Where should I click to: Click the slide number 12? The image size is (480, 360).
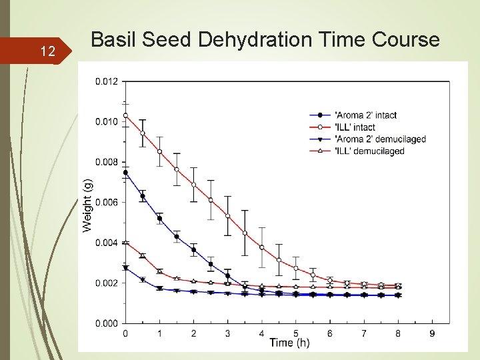pyautogui.click(x=47, y=51)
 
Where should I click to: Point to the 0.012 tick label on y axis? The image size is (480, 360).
pyautogui.click(x=107, y=81)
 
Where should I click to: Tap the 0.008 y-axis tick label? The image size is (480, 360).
pyautogui.click(x=107, y=162)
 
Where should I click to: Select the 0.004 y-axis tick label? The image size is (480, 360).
pyautogui.click(x=107, y=243)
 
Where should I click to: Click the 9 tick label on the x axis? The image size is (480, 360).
pyautogui.click(x=432, y=333)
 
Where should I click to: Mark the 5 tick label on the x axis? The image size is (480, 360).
pyautogui.click(x=296, y=333)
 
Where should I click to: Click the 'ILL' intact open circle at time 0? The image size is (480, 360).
pyautogui.click(x=125, y=115)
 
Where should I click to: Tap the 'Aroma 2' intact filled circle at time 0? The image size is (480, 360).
pyautogui.click(x=125, y=172)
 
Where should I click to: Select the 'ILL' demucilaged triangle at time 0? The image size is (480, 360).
pyautogui.click(x=125, y=242)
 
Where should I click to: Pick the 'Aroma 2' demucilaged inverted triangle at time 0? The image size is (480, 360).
pyautogui.click(x=125, y=268)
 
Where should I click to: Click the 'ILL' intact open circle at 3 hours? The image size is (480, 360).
pyautogui.click(x=227, y=216)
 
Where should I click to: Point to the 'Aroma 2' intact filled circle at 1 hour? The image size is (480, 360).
pyautogui.click(x=159, y=219)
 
